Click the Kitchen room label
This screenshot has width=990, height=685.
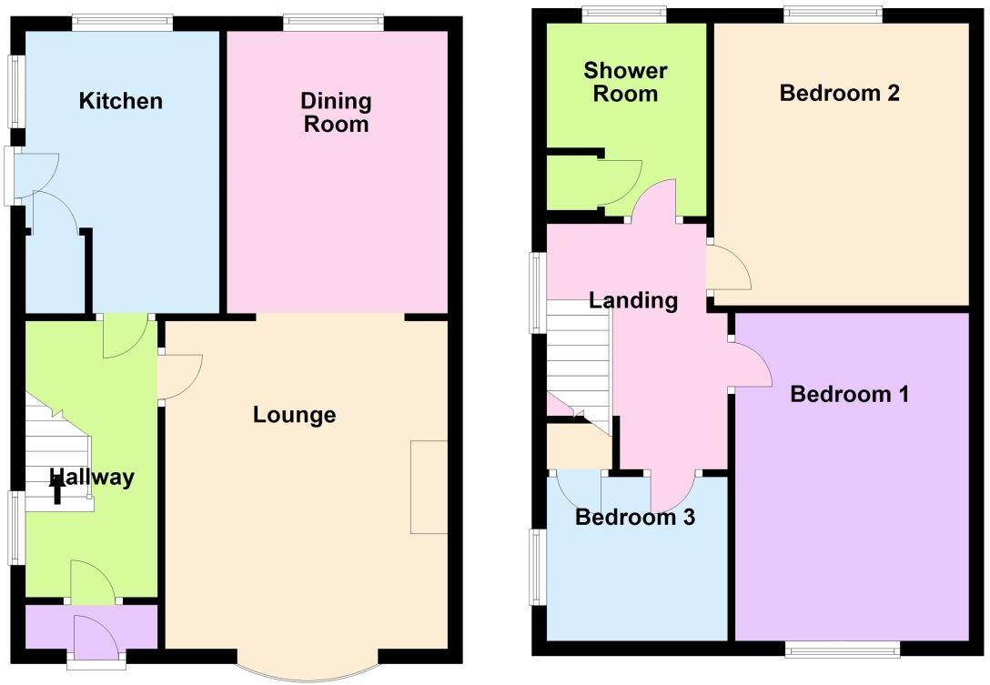121,101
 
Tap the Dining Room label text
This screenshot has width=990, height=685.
336,113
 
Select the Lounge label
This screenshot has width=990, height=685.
294,416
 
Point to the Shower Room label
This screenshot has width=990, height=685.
625,82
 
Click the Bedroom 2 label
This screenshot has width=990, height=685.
839,93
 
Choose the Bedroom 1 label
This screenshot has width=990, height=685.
850,395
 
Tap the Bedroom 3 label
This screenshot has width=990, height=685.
635,518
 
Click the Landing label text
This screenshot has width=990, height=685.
633,301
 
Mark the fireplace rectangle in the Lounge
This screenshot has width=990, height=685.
429,488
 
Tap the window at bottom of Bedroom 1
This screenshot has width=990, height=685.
843,649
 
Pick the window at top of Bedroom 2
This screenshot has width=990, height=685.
833,13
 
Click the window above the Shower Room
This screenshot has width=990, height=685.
624,13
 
